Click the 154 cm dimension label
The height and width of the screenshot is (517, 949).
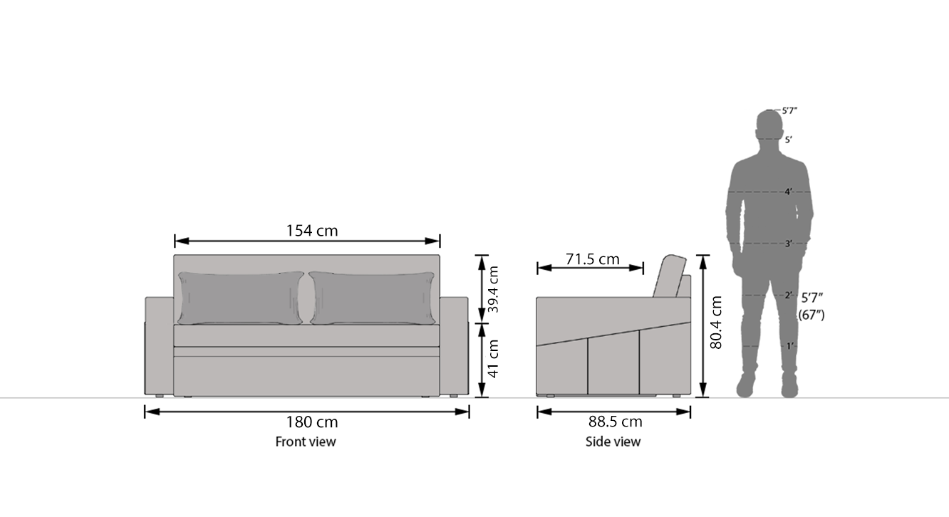pyautogui.click(x=312, y=231)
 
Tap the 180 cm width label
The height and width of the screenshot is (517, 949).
pyautogui.click(x=312, y=422)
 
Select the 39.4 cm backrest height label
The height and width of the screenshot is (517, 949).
pyautogui.click(x=493, y=289)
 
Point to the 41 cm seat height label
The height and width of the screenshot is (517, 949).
pyautogui.click(x=493, y=359)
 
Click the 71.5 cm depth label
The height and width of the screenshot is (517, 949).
pyautogui.click(x=592, y=258)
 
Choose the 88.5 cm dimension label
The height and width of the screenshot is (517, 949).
pyautogui.click(x=615, y=422)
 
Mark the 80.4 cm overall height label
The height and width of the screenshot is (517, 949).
pyautogui.click(x=715, y=323)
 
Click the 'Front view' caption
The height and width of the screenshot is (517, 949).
pyautogui.click(x=306, y=442)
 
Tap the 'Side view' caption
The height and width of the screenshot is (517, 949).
pyautogui.click(x=613, y=442)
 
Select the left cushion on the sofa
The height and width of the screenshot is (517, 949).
pyautogui.click(x=241, y=298)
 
